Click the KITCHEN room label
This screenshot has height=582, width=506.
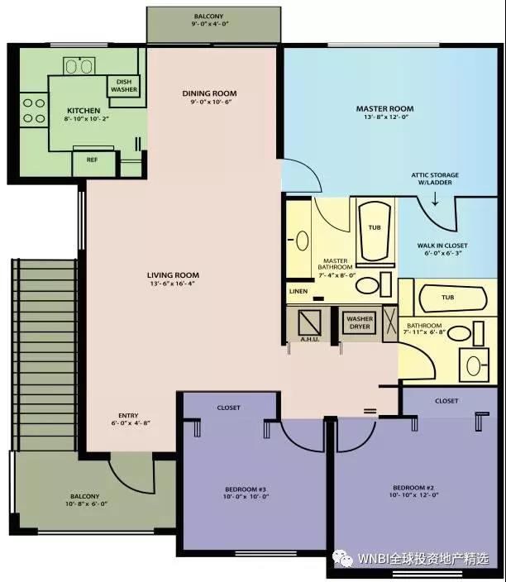click(x=84, y=111)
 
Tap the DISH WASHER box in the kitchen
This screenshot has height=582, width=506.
click(x=124, y=86)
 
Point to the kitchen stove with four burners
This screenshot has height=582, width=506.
click(x=34, y=110)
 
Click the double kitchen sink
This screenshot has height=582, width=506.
click(x=79, y=66)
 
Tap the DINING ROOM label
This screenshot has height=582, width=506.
click(x=209, y=93)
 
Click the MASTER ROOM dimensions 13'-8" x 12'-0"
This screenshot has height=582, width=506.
click(x=386, y=117)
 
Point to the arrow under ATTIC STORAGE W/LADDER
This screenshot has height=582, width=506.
click(x=435, y=199)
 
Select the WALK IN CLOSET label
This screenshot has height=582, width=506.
click(x=442, y=246)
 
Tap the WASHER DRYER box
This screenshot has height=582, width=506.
click(x=360, y=322)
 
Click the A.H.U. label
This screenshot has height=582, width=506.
click(x=309, y=339)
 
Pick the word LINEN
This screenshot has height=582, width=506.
click(x=298, y=291)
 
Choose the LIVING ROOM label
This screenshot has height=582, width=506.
click(x=173, y=275)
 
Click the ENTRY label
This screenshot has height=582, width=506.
click(x=128, y=415)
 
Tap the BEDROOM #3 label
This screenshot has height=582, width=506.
click(x=246, y=489)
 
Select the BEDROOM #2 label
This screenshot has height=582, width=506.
click(x=413, y=488)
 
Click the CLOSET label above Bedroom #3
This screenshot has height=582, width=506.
click(x=229, y=408)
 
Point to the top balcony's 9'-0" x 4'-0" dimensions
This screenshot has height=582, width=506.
click(x=210, y=24)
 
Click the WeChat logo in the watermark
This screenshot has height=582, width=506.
click(x=342, y=557)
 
